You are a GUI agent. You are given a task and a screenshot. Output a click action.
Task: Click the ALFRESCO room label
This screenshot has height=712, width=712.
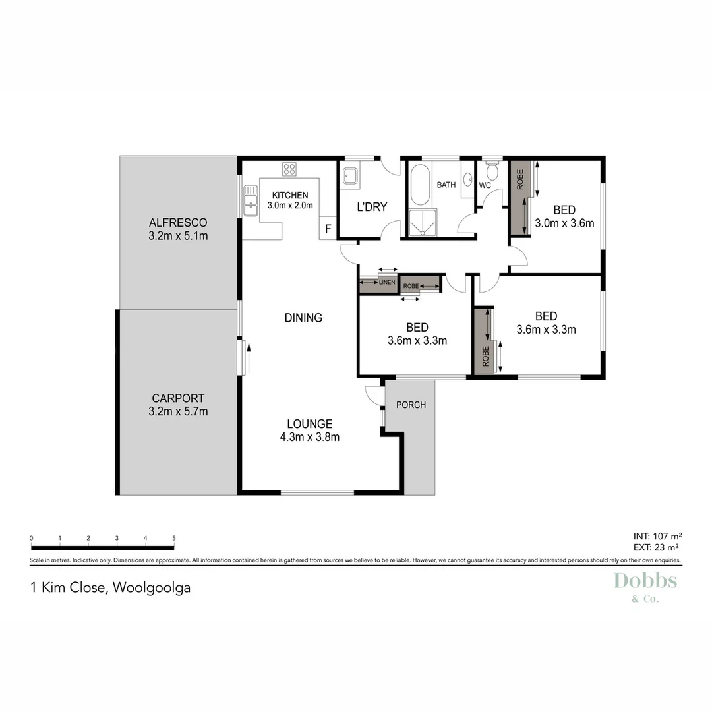click(178, 222)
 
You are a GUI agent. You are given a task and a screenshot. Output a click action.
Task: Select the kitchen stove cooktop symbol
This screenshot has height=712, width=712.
click(289, 169)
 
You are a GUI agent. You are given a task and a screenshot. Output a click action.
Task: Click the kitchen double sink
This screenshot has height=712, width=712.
click(251, 200)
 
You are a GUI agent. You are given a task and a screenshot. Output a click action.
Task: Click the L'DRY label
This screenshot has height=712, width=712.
click(372, 207)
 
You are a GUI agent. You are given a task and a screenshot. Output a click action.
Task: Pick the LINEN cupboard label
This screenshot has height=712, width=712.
click(388, 283)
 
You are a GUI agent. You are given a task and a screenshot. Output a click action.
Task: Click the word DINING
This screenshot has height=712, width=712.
click(303, 318)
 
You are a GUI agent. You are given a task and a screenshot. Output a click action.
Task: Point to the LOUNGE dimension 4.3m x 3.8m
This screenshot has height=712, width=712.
click(309, 436)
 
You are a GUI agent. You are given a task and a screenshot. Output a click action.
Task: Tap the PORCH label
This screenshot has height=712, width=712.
click(411, 405)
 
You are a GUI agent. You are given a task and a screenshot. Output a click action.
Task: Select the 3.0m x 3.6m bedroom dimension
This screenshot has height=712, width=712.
click(564, 223)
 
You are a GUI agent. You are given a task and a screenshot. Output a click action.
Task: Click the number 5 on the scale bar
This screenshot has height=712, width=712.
click(174, 538)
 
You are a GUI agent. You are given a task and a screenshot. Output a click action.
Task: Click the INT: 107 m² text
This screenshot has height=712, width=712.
click(656, 535)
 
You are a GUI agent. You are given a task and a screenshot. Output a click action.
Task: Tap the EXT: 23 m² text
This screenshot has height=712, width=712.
click(657, 547)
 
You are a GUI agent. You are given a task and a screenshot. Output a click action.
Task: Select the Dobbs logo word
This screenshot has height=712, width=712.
click(645, 581)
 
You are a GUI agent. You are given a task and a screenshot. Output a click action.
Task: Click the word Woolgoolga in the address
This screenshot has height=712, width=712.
click(152, 587)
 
